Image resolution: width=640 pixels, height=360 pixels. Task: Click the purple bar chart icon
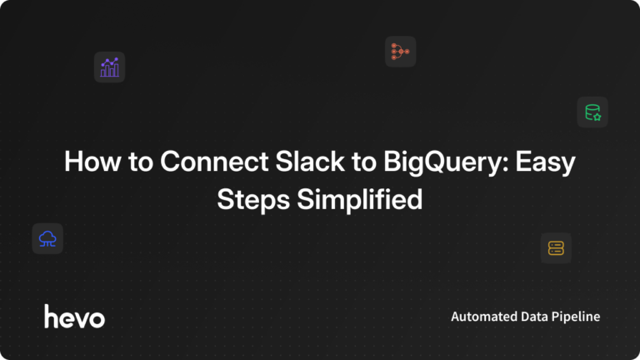tap(109, 67)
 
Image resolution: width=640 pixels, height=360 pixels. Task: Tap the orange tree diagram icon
tap(400, 52)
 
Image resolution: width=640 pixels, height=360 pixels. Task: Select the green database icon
tap(592, 112)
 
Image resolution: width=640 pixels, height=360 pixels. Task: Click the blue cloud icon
tap(47, 239)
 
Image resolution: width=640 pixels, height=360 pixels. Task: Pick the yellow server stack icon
tap(556, 247)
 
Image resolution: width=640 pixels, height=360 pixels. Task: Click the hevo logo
tap(74, 316)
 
